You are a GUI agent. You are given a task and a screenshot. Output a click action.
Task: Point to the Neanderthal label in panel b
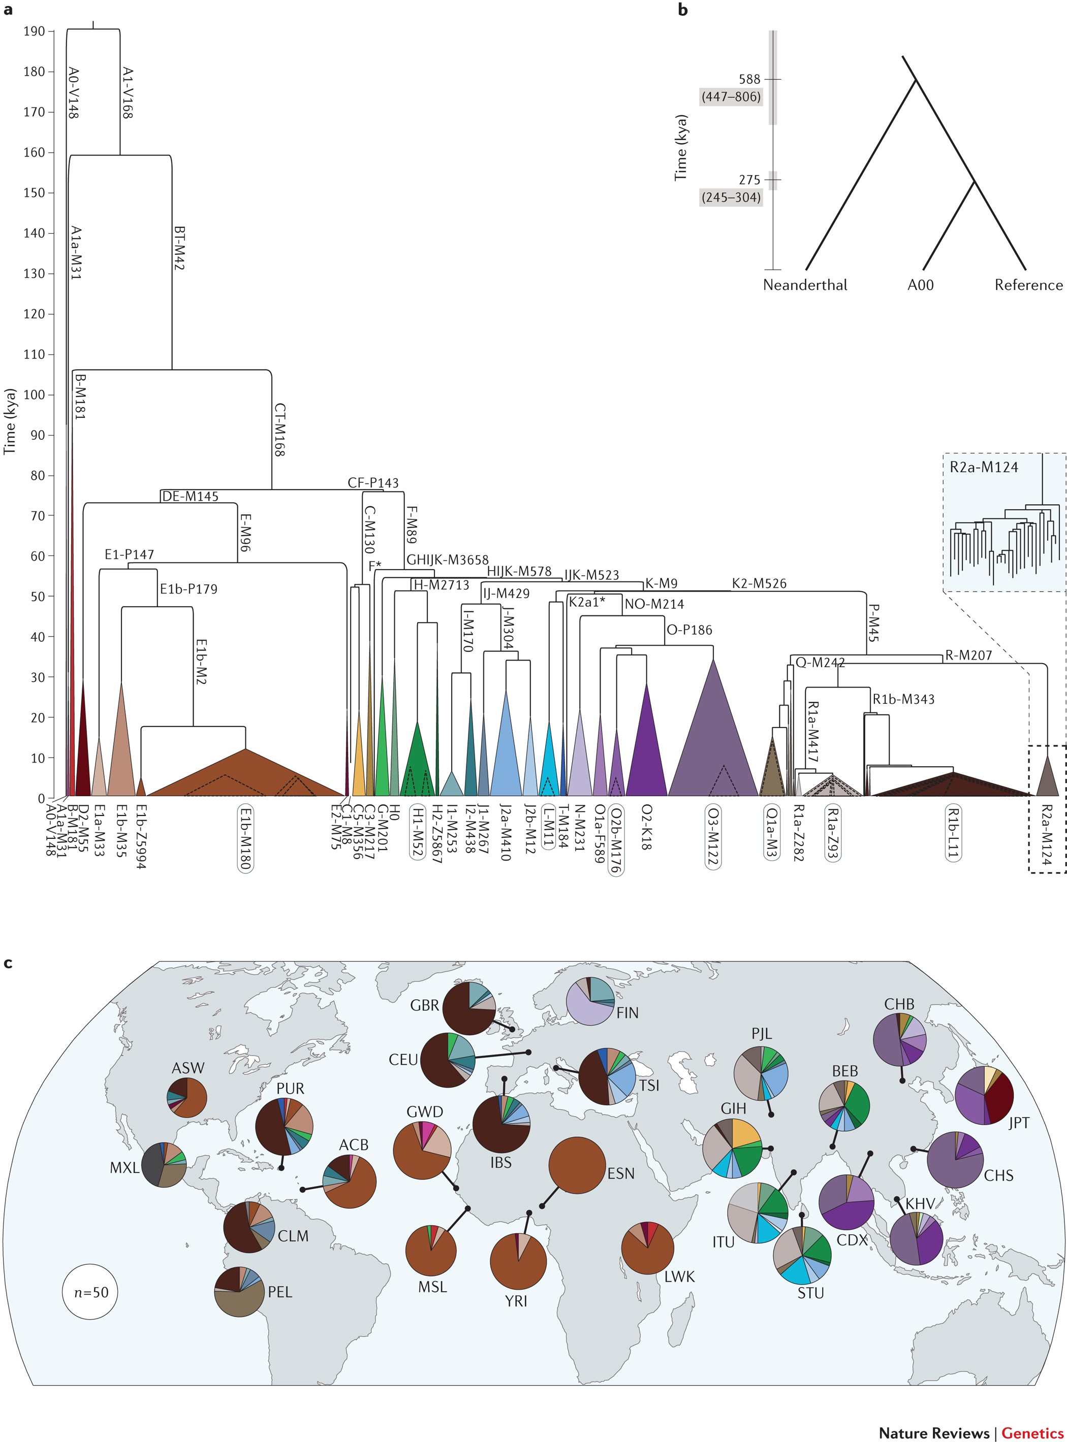click(x=805, y=285)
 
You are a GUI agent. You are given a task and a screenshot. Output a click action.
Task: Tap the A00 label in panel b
click(x=920, y=285)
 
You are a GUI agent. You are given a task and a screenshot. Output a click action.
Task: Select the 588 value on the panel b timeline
click(x=749, y=79)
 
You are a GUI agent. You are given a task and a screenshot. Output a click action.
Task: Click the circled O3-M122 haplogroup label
click(x=713, y=836)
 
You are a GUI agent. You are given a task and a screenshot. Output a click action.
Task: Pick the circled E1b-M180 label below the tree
click(x=245, y=838)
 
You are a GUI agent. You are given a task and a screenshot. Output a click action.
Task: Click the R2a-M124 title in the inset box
click(x=983, y=467)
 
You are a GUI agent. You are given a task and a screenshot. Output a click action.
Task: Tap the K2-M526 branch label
click(x=759, y=583)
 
